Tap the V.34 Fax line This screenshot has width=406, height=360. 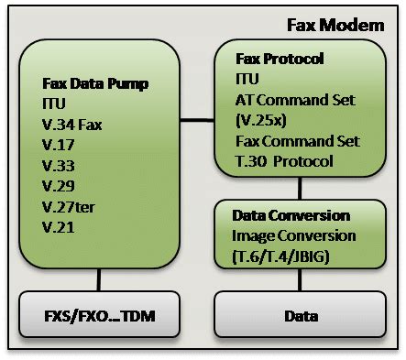(72, 125)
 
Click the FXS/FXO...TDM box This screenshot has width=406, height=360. (98, 316)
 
